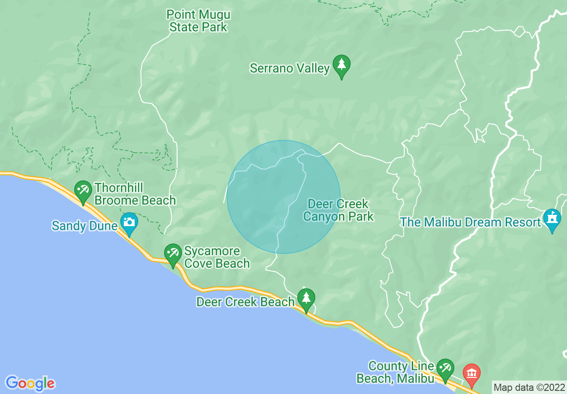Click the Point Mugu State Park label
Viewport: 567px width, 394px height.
tap(198, 21)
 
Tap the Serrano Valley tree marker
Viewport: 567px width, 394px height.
tap(342, 66)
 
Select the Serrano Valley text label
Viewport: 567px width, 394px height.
tap(290, 69)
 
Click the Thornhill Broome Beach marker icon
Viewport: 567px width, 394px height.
tap(83, 191)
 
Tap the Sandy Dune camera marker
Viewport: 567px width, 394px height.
tap(129, 223)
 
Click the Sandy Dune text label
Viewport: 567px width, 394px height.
tap(85, 225)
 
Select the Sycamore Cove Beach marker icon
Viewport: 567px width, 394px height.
tap(173, 254)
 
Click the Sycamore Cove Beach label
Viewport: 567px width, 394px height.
tap(217, 257)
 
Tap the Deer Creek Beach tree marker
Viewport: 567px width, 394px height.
tap(306, 299)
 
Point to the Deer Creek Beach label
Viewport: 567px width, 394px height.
tap(245, 302)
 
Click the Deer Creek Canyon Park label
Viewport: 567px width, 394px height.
tap(339, 210)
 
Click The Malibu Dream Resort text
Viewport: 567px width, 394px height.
tap(470, 222)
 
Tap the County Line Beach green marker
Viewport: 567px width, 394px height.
tap(445, 369)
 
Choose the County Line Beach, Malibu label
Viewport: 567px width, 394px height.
tap(396, 373)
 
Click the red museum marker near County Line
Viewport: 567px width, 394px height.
tap(471, 374)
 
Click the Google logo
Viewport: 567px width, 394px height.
tap(30, 383)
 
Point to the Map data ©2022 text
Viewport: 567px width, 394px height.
tap(529, 387)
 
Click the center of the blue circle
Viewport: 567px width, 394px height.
tap(283, 197)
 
